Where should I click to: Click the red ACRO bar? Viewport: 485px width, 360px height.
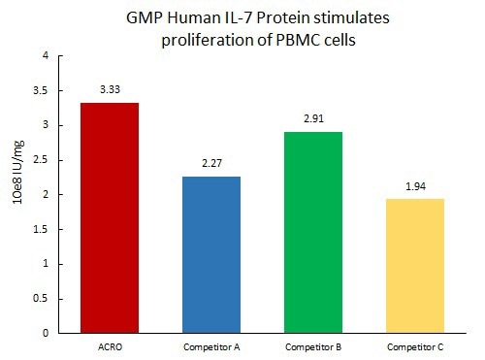coord(110,217)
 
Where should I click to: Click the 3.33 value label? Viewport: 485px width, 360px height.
coord(110,89)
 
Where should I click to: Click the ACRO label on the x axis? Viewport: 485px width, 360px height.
coord(110,346)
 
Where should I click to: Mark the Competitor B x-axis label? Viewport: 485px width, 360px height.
coord(310,346)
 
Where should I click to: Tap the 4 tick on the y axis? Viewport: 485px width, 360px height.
coord(45,55)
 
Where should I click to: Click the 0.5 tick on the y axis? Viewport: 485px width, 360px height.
coord(40,299)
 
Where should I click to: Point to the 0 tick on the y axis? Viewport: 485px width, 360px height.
coord(45,334)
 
